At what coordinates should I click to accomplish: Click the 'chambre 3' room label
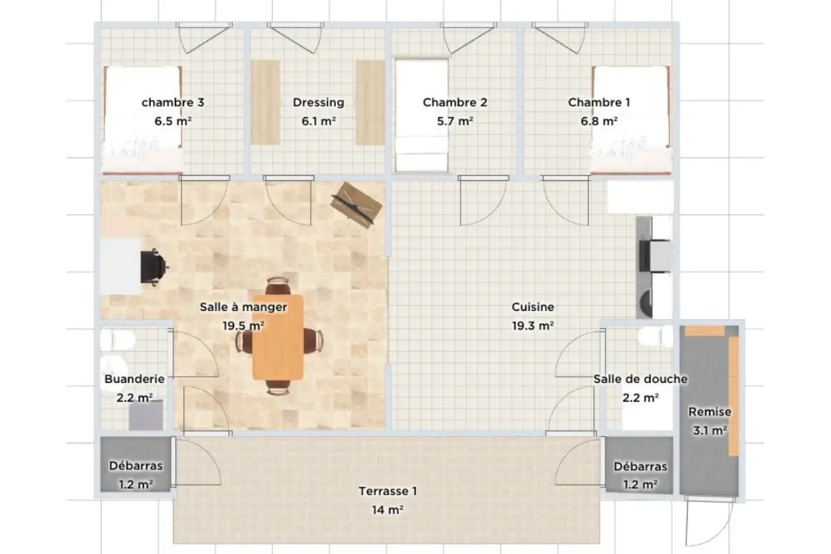click(173, 102)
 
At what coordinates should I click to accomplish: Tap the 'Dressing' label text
click(319, 102)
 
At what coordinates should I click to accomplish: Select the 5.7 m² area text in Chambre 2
click(455, 121)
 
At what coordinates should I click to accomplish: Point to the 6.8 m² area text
click(599, 121)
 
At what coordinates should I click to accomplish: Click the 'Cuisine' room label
click(533, 307)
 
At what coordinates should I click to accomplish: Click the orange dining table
click(278, 337)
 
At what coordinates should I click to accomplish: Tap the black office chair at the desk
click(154, 267)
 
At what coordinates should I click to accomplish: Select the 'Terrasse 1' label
click(388, 491)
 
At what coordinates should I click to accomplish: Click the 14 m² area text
click(388, 510)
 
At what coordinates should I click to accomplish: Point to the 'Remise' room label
click(710, 411)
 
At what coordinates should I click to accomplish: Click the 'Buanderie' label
click(134, 379)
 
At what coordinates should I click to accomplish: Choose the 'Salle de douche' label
click(641, 379)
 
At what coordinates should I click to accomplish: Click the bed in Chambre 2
click(422, 115)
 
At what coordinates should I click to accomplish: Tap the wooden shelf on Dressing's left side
click(266, 102)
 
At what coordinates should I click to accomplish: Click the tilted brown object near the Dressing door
click(357, 205)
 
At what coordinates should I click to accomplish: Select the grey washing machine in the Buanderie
click(146, 415)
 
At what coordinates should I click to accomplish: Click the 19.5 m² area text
click(243, 325)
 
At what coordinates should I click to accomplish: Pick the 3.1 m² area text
click(710, 431)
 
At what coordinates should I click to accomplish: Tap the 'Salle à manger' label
click(243, 307)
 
